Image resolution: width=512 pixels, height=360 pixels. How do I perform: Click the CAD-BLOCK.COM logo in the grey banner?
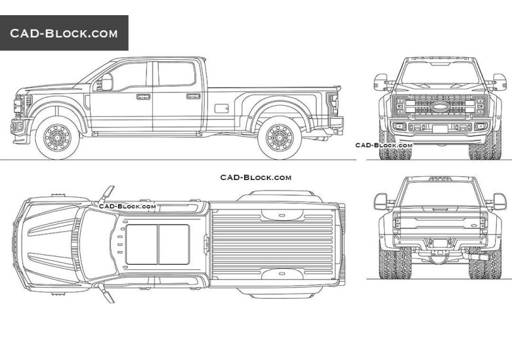(64, 34)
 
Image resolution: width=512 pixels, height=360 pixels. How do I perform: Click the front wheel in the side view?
(56, 137)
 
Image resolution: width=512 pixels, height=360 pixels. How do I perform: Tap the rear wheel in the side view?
(280, 137)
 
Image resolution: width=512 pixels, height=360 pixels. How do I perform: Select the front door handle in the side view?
(143, 97)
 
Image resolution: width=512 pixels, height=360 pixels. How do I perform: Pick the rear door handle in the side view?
(193, 96)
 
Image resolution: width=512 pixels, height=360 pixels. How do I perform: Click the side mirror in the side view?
(106, 81)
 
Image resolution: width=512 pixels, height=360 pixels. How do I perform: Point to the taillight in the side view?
(333, 102)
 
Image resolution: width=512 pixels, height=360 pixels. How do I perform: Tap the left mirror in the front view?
(381, 82)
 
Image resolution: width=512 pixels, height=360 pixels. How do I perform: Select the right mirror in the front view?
(500, 82)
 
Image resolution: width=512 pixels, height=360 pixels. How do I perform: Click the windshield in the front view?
(440, 73)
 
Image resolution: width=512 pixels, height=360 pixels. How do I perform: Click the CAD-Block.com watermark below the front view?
(383, 145)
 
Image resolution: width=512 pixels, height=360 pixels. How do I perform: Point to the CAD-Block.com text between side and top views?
(255, 177)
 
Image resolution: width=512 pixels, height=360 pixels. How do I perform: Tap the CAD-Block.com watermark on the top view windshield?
(127, 206)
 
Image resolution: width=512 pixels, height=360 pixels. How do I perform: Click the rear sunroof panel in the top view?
(173, 244)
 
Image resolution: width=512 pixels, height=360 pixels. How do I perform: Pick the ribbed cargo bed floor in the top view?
(276, 244)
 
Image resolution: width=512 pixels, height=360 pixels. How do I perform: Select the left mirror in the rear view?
(381, 201)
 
